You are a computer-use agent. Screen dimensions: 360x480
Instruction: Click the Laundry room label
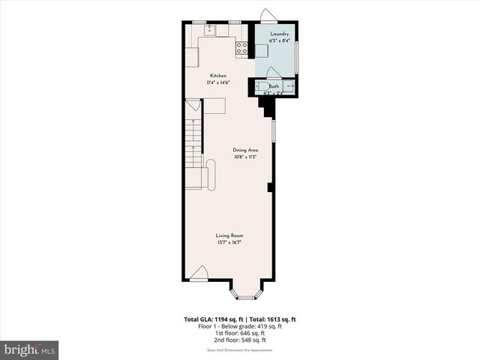(x=274, y=34)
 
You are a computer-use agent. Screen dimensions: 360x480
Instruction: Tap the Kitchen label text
(x=218, y=76)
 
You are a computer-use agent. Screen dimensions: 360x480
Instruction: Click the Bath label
(x=274, y=86)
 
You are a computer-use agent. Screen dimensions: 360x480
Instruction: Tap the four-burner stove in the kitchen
(x=242, y=49)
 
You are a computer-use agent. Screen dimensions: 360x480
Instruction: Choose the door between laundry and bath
(x=272, y=73)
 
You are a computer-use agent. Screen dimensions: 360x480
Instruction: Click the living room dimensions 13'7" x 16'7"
(x=229, y=242)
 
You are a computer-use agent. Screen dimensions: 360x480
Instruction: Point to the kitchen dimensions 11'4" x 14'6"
(x=218, y=82)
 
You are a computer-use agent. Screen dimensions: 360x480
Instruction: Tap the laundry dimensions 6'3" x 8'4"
(x=274, y=40)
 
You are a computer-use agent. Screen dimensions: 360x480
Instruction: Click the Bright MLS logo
(x=30, y=349)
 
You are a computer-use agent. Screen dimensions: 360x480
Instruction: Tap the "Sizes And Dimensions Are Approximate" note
(x=240, y=350)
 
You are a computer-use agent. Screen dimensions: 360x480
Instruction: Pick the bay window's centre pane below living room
(x=247, y=298)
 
